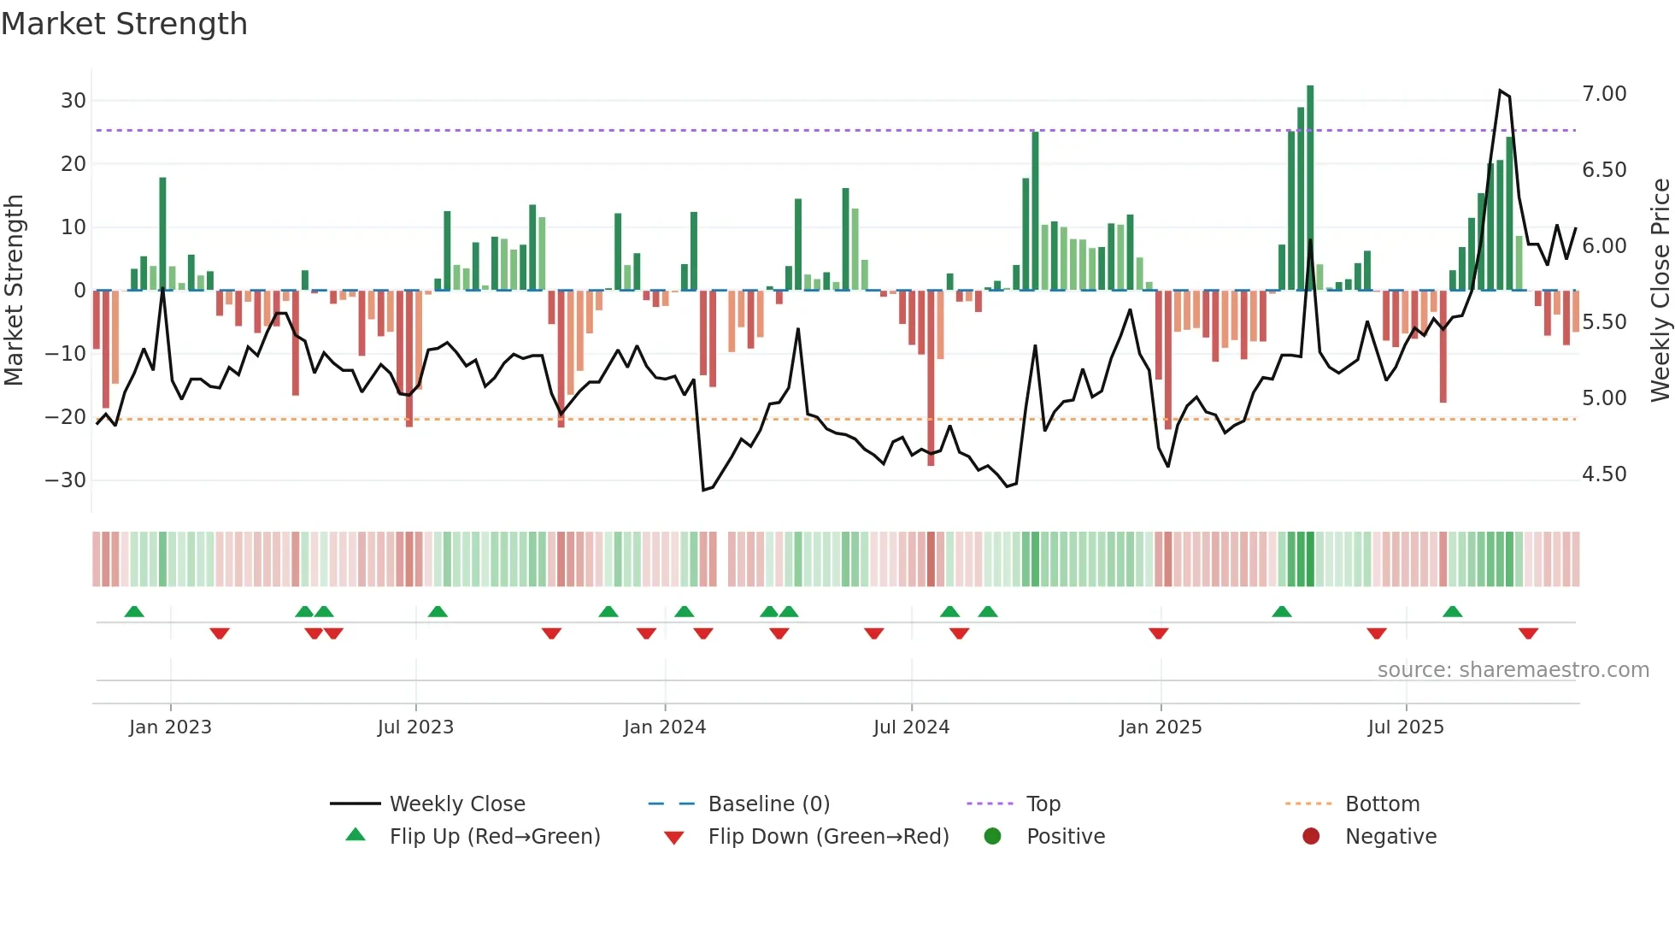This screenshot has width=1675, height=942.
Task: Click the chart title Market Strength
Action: coord(124,24)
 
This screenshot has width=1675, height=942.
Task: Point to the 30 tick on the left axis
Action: coord(73,101)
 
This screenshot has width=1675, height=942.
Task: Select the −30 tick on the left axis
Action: coord(66,480)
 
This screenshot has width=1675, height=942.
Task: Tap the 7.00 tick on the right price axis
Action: coord(1604,94)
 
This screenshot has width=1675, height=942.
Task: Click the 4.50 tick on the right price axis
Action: coord(1604,474)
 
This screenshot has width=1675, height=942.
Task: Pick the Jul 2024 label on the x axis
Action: coord(911,727)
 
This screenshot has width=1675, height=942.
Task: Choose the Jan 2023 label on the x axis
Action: coord(170,727)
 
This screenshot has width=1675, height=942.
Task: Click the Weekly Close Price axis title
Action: coord(1660,291)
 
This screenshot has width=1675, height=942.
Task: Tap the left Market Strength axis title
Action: coord(14,291)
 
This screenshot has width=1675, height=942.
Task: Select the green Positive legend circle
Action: coord(992,837)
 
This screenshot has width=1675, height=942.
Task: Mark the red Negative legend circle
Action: coord(1311,837)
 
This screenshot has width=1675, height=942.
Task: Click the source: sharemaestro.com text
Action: coord(1513,670)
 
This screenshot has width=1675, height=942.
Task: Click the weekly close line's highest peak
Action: coord(1501,91)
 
